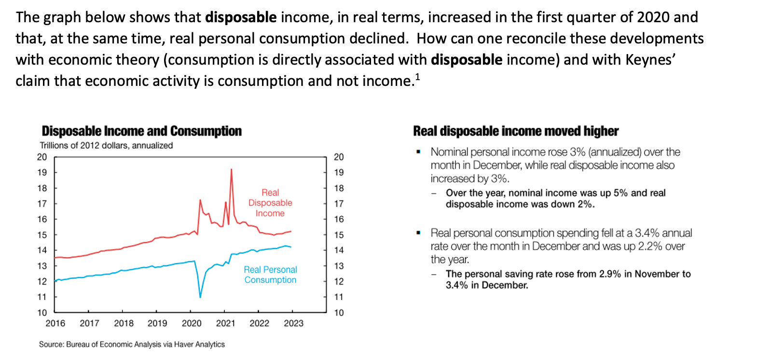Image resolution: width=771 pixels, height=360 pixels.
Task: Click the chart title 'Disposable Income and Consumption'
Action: pyautogui.click(x=141, y=131)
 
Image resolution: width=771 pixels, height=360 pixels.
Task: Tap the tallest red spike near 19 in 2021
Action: pyautogui.click(x=232, y=170)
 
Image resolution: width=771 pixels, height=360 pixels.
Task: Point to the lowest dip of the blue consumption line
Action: pyautogui.click(x=200, y=296)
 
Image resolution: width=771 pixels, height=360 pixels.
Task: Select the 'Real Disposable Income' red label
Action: pyautogui.click(x=270, y=203)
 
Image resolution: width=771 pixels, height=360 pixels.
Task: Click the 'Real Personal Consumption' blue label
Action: pyautogui.click(x=270, y=275)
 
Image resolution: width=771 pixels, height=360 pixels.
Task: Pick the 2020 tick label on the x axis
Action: pyautogui.click(x=192, y=323)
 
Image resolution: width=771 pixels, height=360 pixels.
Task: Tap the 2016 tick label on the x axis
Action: pyautogui.click(x=55, y=323)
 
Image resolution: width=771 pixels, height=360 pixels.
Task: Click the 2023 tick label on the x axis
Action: pyautogui.click(x=293, y=323)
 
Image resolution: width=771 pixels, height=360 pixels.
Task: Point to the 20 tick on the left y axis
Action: pyautogui.click(x=42, y=157)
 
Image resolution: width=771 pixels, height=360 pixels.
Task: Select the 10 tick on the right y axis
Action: pyautogui.click(x=339, y=313)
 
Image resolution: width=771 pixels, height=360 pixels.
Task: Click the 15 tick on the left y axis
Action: pyautogui.click(x=42, y=235)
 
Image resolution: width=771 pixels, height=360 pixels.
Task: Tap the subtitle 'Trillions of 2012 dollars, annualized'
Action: pyautogui.click(x=106, y=145)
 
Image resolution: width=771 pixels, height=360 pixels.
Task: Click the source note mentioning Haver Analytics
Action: pyautogui.click(x=132, y=344)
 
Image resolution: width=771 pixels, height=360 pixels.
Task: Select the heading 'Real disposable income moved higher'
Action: pyautogui.click(x=516, y=131)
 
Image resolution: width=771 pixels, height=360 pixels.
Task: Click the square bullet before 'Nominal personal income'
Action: pyautogui.click(x=418, y=152)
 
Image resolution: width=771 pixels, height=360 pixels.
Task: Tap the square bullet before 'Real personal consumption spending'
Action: pyautogui.click(x=418, y=233)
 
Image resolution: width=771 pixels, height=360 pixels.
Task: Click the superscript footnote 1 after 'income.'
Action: pyautogui.click(x=417, y=76)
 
